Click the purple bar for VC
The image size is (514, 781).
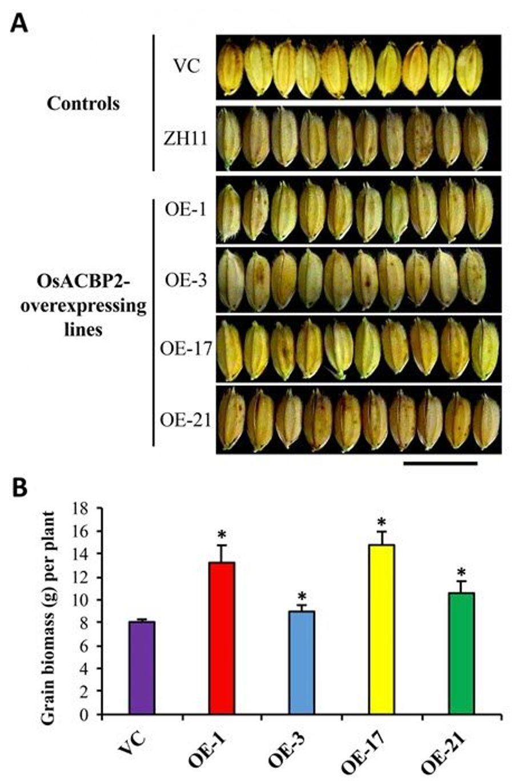pos(142,668)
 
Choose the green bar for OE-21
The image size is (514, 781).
pos(461,653)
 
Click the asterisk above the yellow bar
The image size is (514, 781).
pos(382,523)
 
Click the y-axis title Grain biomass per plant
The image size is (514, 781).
pos(49,611)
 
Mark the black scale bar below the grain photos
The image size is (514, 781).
pos(440,464)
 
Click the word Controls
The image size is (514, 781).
pos(83,104)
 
